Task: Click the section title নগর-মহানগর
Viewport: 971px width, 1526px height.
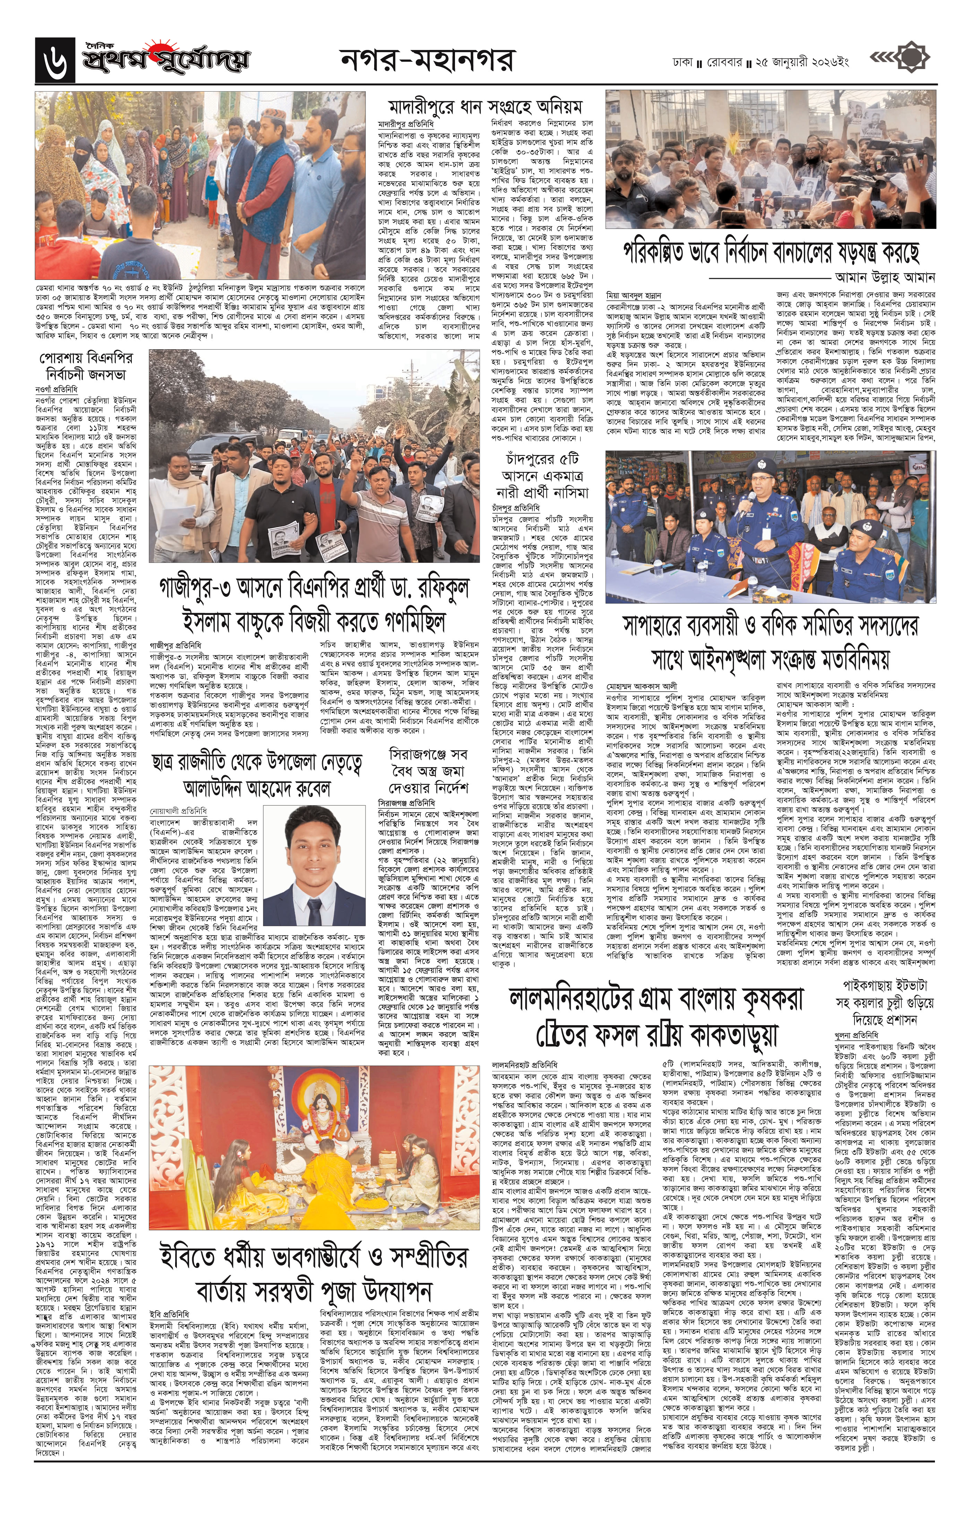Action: coord(427,60)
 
